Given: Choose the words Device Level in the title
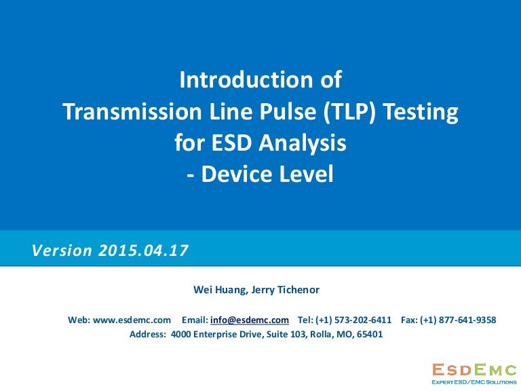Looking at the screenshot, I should pyautogui.click(x=269, y=174).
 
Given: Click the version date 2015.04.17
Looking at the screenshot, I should pyautogui.click(x=143, y=250).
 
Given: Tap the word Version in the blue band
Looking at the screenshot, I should pyautogui.click(x=62, y=250).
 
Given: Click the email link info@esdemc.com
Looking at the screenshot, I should pyautogui.click(x=250, y=320).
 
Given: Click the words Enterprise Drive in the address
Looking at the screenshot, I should pyautogui.click(x=224, y=334).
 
